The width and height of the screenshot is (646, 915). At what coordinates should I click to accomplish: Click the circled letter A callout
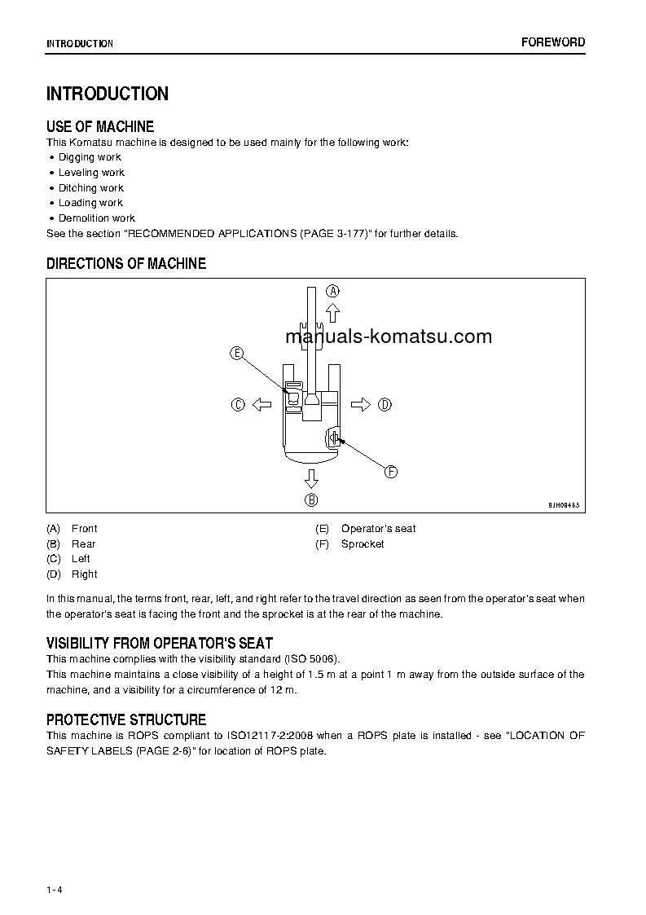[x=332, y=290]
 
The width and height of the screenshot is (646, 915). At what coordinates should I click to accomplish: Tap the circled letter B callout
[x=311, y=500]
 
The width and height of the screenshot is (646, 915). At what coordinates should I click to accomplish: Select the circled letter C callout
[x=238, y=404]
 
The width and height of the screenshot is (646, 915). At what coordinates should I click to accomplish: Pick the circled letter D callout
[x=385, y=404]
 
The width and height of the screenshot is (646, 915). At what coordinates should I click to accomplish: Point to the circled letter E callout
[x=237, y=353]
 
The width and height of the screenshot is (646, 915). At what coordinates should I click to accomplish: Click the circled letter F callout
[x=390, y=472]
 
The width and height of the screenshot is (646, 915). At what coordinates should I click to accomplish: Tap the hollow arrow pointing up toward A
[x=332, y=313]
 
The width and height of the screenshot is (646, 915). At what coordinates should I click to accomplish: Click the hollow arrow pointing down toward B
[x=311, y=477]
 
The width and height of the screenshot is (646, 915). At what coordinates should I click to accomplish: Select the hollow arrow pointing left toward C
[x=261, y=404]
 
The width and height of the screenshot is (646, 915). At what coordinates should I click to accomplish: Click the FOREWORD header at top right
[x=553, y=42]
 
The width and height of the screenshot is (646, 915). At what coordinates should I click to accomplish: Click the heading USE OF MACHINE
[x=100, y=126]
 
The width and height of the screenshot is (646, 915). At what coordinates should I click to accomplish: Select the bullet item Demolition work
[x=96, y=218]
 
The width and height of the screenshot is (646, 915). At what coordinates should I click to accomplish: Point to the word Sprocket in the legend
[x=363, y=544]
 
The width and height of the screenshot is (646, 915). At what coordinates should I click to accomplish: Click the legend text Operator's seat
[x=378, y=529]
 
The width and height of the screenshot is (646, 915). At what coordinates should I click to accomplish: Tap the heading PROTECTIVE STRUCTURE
[x=126, y=719]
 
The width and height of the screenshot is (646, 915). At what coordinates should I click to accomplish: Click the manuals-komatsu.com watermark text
[x=389, y=337]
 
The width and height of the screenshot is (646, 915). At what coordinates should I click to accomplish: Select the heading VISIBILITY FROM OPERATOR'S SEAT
[x=160, y=643]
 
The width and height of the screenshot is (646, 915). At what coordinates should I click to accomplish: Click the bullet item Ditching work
[x=91, y=188]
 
